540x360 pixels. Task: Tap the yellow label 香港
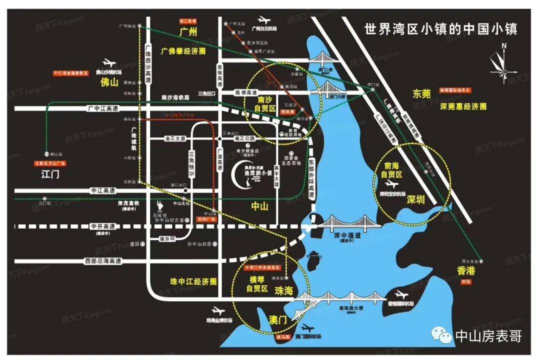pyautogui.click(x=466, y=271)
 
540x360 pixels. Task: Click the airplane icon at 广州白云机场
pyautogui.click(x=263, y=21)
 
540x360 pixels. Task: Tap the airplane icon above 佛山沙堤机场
pyautogui.click(x=108, y=62)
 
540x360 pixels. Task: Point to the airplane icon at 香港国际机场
pyautogui.click(x=400, y=294)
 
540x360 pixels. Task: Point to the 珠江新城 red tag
pyautogui.click(x=188, y=21)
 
